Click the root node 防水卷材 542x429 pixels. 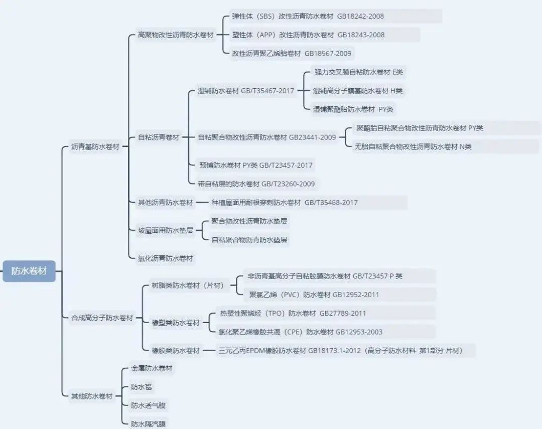point(29,271)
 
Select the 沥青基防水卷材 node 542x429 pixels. point(95,147)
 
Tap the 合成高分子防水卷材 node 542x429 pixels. point(102,318)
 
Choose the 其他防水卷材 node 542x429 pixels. point(92,396)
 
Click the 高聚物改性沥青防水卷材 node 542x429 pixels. point(176,35)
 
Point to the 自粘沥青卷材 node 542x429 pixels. point(159,137)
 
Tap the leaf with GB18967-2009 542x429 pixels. point(292,54)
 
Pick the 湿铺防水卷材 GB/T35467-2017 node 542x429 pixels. point(246,91)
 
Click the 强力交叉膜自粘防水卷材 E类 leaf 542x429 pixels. point(358,72)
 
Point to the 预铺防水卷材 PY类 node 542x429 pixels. point(256,165)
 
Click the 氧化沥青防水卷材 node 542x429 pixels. point(165,258)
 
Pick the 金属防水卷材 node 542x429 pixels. point(152,368)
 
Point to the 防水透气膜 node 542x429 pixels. point(148,405)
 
